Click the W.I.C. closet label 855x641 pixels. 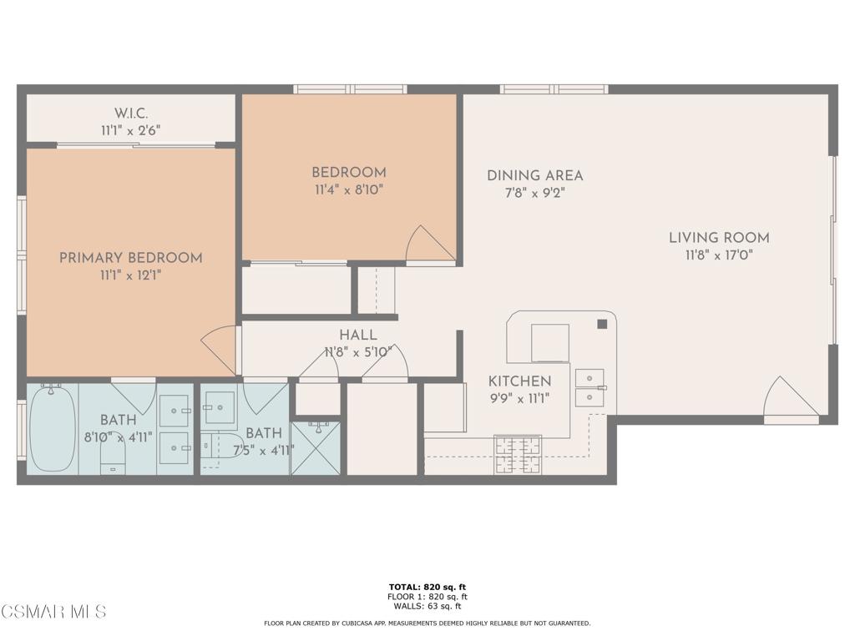tap(131, 114)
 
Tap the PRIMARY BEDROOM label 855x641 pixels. tap(131, 258)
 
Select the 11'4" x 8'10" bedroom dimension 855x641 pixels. tap(349, 190)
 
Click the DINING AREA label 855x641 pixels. tap(535, 175)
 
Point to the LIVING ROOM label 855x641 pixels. tap(719, 238)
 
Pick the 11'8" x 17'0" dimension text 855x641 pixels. tap(719, 255)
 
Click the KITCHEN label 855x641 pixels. tap(519, 381)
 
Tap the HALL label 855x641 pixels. tap(358, 336)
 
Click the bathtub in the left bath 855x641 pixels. tap(52, 428)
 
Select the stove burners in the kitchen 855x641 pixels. tap(518, 454)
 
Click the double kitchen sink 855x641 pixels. tap(590, 387)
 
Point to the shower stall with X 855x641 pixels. tap(316, 447)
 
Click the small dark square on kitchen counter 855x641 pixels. tap(602, 325)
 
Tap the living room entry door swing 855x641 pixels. tap(791, 396)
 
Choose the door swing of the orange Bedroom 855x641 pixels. tap(430, 244)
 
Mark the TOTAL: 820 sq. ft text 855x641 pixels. tap(427, 587)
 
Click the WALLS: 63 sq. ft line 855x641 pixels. tap(427, 606)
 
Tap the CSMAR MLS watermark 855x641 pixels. tap(53, 611)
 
